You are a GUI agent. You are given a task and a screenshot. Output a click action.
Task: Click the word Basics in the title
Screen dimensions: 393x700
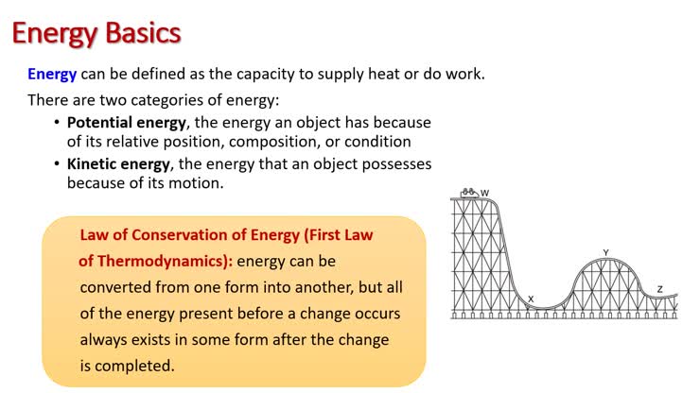(138, 33)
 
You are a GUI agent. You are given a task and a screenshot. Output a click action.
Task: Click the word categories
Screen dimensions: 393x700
(168, 99)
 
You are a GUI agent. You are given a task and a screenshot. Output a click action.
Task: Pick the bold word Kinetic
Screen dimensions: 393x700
(98, 163)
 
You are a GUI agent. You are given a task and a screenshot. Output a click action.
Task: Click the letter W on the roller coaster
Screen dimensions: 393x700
(485, 194)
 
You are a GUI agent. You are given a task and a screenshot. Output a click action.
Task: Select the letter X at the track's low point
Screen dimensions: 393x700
(531, 299)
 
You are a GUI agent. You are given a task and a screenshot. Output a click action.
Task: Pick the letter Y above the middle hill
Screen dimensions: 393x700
(605, 252)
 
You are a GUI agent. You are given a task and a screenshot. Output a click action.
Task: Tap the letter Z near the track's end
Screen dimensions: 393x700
(659, 289)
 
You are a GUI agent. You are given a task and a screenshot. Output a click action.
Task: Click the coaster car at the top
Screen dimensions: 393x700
(467, 193)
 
